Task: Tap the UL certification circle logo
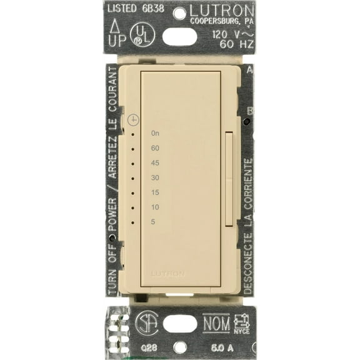142,36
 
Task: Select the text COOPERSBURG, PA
221,22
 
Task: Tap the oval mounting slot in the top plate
179,36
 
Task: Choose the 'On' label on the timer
156,134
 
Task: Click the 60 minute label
156,148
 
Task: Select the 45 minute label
156,163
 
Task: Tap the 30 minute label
156,177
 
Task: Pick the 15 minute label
156,192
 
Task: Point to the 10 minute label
156,207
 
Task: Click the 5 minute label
154,222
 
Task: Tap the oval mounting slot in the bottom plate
180,323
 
